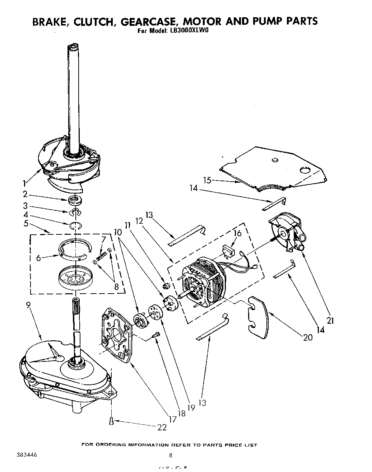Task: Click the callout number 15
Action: point(207,181)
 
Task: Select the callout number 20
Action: point(308,337)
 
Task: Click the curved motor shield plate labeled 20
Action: point(258,314)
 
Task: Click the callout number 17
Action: point(173,419)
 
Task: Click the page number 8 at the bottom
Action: point(171,456)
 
